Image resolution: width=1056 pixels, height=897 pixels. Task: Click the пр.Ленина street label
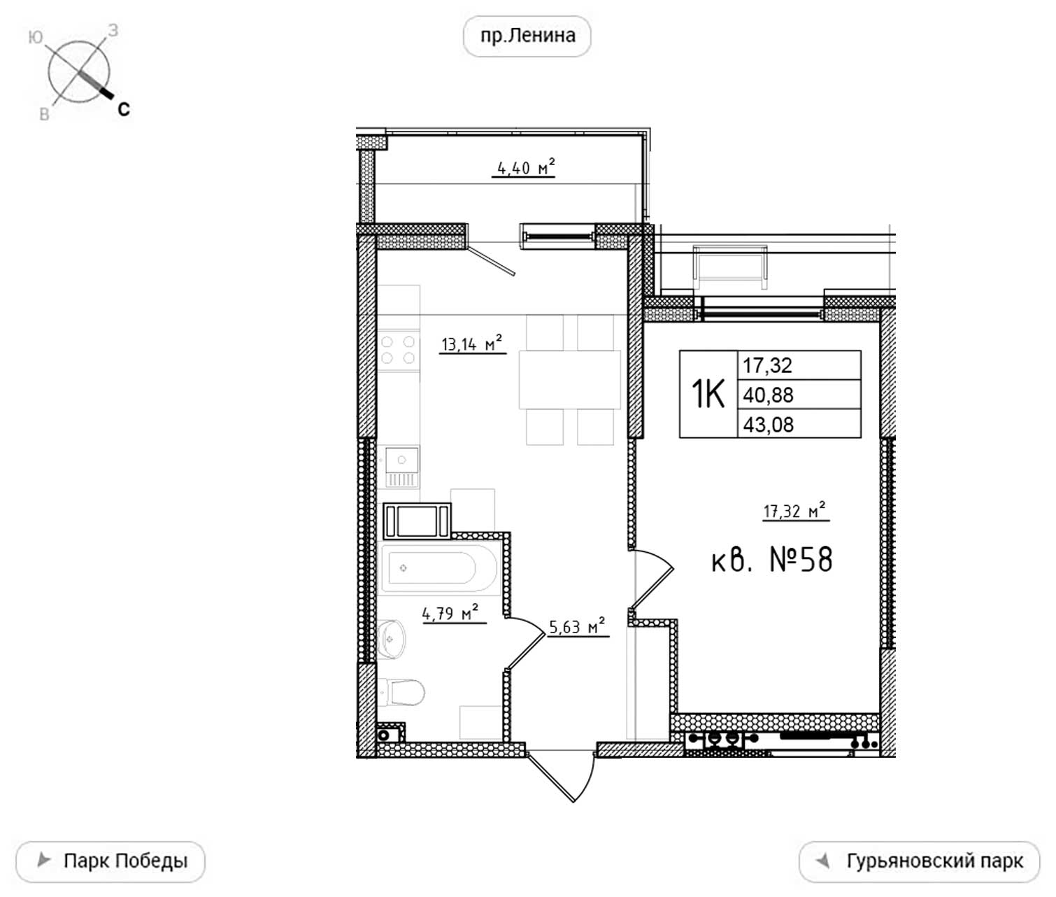(x=527, y=36)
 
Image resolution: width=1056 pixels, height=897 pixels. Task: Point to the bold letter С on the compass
(x=123, y=109)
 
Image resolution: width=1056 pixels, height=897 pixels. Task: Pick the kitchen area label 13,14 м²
(x=472, y=344)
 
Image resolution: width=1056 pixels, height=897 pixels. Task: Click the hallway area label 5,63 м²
(x=577, y=626)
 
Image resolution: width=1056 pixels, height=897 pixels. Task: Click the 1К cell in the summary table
(x=708, y=394)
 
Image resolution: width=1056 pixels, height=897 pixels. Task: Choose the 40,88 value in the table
(x=769, y=395)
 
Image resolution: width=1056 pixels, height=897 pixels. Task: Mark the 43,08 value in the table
(x=769, y=424)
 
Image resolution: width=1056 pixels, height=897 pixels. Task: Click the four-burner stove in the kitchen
(x=398, y=350)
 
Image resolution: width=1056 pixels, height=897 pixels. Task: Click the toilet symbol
(x=401, y=692)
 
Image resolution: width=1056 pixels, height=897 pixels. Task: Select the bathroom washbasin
(x=392, y=639)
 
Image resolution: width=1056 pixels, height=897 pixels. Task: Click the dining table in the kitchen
(x=570, y=379)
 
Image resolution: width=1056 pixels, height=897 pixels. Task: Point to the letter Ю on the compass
(x=35, y=37)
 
